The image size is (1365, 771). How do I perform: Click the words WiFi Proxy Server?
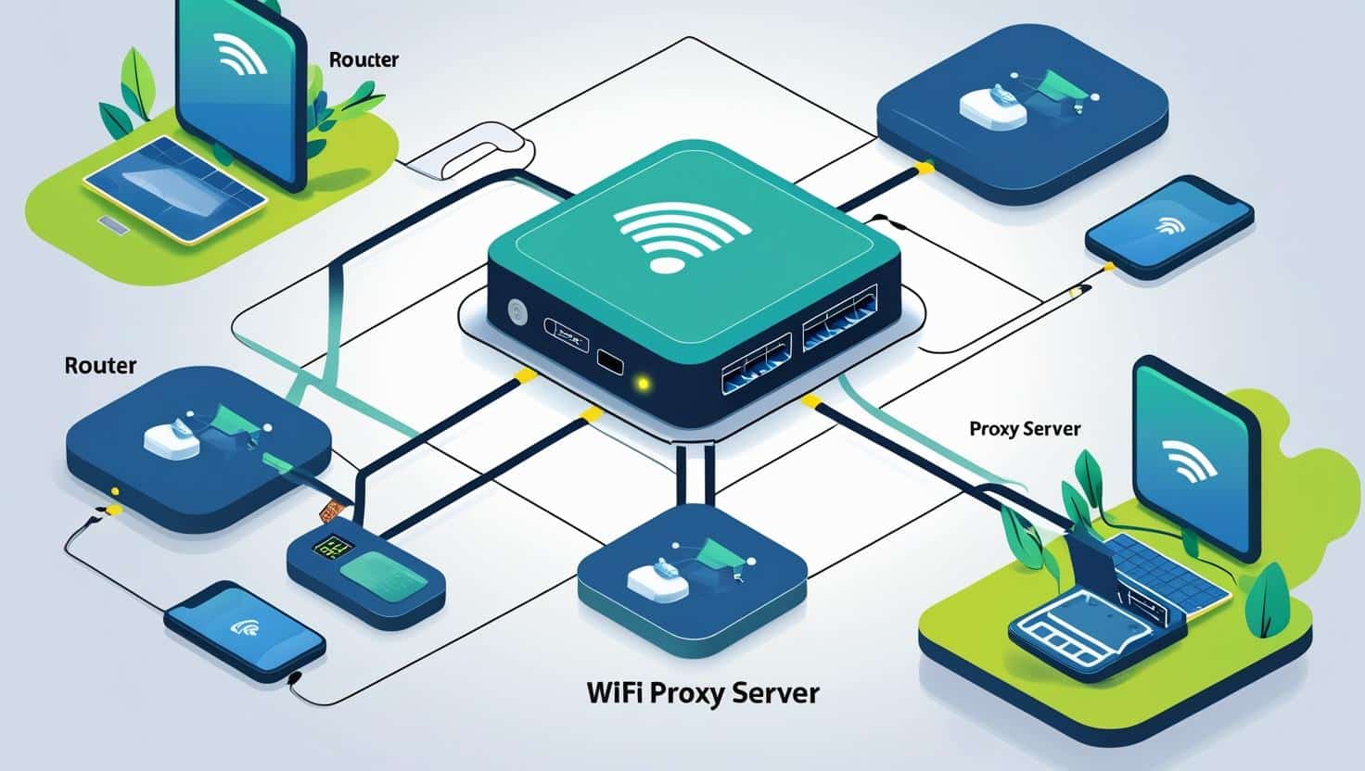click(x=703, y=692)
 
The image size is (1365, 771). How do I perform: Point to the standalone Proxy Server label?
click(x=1025, y=428)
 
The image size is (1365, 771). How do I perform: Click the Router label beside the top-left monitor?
click(x=364, y=59)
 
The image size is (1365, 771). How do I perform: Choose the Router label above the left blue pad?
click(x=100, y=365)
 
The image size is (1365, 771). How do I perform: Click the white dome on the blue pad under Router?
click(x=172, y=438)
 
